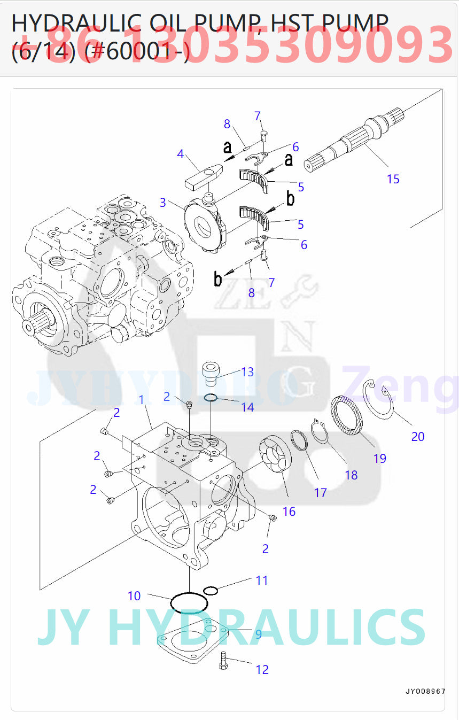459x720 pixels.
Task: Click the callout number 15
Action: coord(393,179)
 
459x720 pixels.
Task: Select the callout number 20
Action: coord(417,437)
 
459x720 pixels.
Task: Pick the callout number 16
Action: coord(289,512)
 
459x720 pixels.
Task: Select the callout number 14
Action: coord(247,407)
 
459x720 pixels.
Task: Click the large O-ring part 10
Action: coord(189,603)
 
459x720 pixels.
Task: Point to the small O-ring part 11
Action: coord(211,590)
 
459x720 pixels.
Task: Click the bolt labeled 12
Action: coord(223,662)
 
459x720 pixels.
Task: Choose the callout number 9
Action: coord(258,634)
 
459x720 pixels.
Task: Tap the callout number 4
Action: coord(180,154)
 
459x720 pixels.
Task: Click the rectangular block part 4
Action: coord(203,176)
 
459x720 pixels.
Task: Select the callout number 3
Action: coord(162,203)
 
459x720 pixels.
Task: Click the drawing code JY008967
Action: coord(424,691)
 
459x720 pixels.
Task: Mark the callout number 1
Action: coord(142,399)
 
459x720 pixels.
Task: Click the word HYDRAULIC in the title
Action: coord(77,24)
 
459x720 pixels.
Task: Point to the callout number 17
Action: coord(320,492)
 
